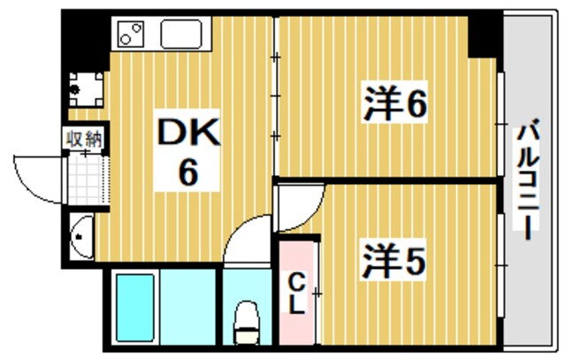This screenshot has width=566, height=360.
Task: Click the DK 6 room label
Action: click(187, 150)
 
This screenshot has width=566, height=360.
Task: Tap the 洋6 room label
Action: click(395, 103)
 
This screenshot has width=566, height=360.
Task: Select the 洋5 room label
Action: click(394, 261)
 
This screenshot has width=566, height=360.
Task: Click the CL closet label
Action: click(298, 294)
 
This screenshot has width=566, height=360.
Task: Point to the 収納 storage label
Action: click(85, 139)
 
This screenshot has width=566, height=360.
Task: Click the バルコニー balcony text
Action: click(527, 179)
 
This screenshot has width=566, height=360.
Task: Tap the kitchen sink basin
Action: click(181, 34)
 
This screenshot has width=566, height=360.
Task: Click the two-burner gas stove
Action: click(130, 34)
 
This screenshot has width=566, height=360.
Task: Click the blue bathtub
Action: click(135, 308)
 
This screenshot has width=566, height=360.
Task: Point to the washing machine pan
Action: click(86, 89)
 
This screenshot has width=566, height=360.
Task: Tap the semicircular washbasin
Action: click(82, 236)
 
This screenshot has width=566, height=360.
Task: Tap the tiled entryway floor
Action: click(88, 180)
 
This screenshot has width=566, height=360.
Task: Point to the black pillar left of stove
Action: click(86, 41)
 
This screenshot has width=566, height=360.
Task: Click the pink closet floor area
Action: click(297, 293)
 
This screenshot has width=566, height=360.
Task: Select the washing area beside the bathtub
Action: click(187, 307)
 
